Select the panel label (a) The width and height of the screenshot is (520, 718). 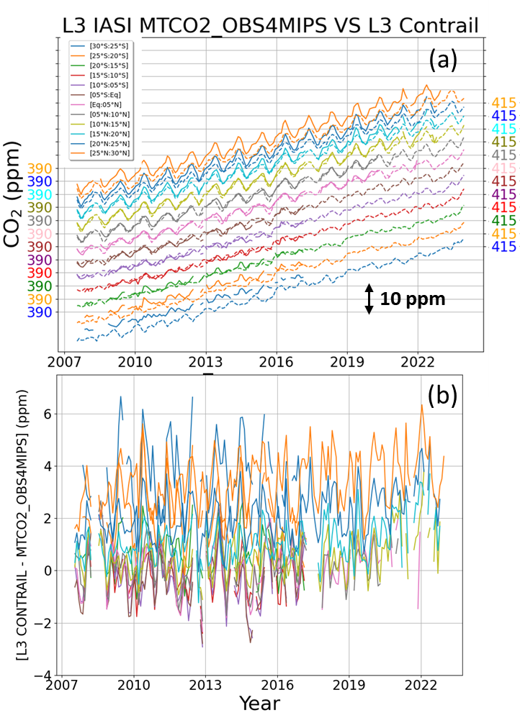click(x=443, y=61)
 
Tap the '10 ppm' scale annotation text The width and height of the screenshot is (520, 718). click(x=413, y=299)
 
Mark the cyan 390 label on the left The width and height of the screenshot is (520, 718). click(x=39, y=195)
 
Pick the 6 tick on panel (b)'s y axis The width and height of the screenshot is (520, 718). click(x=47, y=414)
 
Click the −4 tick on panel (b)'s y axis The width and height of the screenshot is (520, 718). click(x=43, y=675)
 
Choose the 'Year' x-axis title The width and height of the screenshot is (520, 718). click(x=259, y=703)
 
